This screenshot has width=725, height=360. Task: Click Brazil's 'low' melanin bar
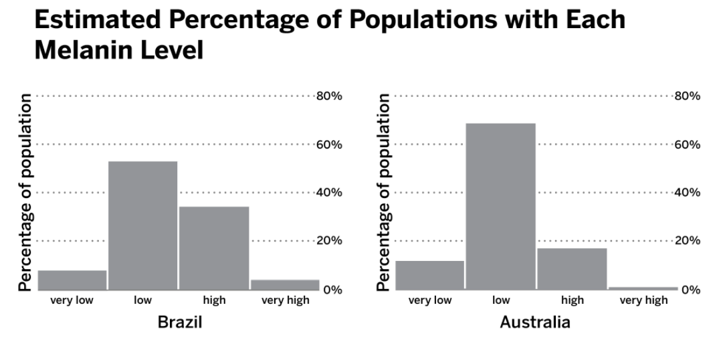click(143, 226)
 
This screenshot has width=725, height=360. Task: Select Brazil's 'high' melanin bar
click(214, 248)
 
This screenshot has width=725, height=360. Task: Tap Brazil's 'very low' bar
click(72, 280)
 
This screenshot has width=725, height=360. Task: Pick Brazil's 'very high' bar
click(285, 285)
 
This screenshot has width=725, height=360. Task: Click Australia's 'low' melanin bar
click(501, 207)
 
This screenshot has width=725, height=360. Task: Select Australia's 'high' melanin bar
click(572, 269)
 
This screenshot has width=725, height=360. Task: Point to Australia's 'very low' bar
click(430, 275)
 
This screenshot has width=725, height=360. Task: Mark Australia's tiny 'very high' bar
click(643, 288)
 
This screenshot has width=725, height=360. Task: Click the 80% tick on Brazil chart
click(329, 96)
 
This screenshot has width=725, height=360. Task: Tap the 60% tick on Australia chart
click(687, 145)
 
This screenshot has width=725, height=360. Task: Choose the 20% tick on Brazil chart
click(329, 240)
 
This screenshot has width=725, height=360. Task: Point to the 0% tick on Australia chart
click(690, 290)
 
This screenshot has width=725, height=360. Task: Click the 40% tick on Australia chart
click(687, 193)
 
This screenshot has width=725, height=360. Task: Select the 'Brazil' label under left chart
click(179, 323)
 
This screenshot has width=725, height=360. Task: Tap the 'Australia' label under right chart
click(535, 323)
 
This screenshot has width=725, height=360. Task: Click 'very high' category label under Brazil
click(286, 300)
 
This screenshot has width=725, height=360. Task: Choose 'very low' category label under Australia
click(430, 300)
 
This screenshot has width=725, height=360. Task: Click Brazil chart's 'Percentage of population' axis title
click(25, 193)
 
